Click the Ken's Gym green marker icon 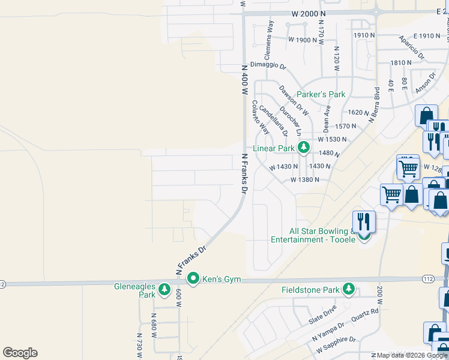point(193,278)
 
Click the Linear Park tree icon point(304,148)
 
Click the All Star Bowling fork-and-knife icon point(364,221)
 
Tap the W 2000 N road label point(309,13)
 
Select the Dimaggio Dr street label point(268,65)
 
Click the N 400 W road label point(244,80)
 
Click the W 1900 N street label point(302,40)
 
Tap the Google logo point(20,353)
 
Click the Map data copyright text point(412,355)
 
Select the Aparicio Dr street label point(413,47)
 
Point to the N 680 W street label point(154,325)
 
